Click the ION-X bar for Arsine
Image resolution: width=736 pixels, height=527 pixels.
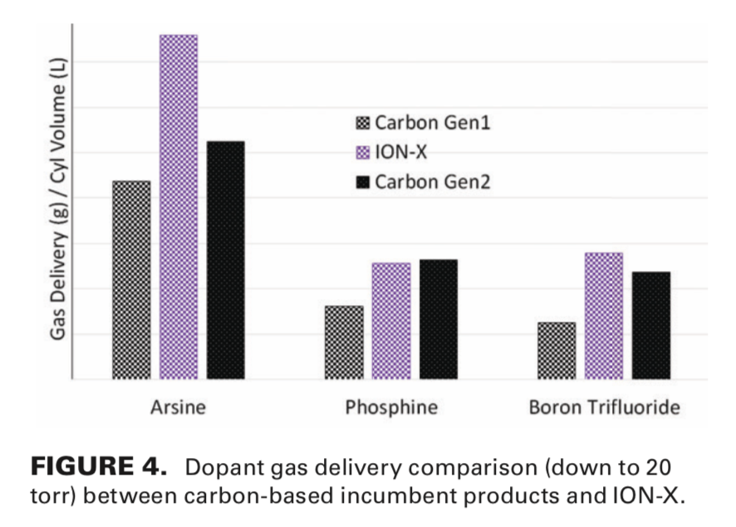[x=179, y=207]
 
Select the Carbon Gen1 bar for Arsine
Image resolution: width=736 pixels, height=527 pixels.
[x=131, y=280]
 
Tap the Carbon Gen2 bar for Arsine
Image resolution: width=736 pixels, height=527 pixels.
[x=225, y=260]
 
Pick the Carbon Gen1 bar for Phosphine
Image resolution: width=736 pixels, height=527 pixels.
[x=344, y=342]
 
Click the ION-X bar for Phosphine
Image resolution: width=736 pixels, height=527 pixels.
[x=391, y=321]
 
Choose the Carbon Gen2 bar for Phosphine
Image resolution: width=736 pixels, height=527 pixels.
[x=438, y=319]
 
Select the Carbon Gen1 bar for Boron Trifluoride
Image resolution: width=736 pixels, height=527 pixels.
[x=557, y=351]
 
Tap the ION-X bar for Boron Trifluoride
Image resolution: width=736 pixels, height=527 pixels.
[x=604, y=316]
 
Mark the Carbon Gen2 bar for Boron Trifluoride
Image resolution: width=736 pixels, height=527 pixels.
[x=650, y=325]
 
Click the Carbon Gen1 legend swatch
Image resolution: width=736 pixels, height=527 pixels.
[x=362, y=124]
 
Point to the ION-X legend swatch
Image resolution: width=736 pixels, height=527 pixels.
[x=362, y=152]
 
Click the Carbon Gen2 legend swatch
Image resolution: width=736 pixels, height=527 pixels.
[x=362, y=181]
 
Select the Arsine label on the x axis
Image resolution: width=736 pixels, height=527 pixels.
[x=178, y=408]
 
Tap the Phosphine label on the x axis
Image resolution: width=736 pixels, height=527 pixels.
[x=391, y=408]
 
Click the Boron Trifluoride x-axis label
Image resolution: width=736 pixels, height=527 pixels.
[x=604, y=408]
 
